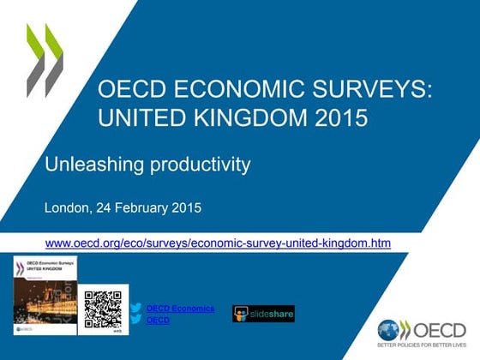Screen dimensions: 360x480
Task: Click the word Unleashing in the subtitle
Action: point(93,163)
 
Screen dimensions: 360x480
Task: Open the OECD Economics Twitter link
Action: point(180,308)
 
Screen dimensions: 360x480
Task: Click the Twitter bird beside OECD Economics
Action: point(135,308)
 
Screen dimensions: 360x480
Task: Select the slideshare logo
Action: point(263,314)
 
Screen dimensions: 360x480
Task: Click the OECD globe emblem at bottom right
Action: point(388,330)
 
